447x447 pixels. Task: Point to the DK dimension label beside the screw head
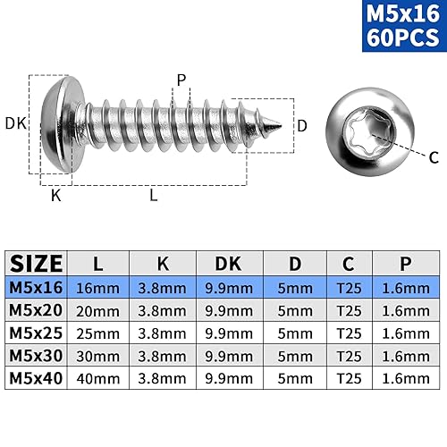14,123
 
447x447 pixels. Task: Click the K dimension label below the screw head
56,196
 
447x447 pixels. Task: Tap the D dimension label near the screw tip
302,125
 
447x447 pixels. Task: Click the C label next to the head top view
434,157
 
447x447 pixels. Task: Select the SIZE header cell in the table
37,263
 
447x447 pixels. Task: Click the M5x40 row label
37,378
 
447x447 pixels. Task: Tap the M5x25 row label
37,333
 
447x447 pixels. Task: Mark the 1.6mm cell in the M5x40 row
404,378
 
